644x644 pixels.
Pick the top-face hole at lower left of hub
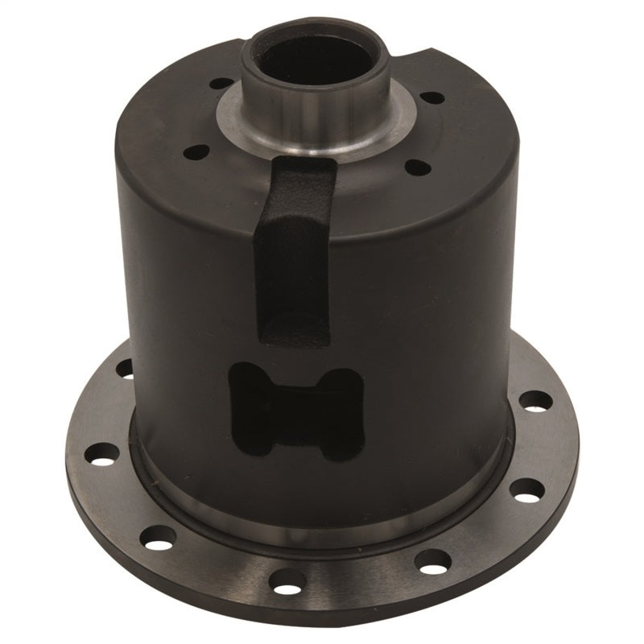[193, 150]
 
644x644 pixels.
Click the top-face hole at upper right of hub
[432, 98]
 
